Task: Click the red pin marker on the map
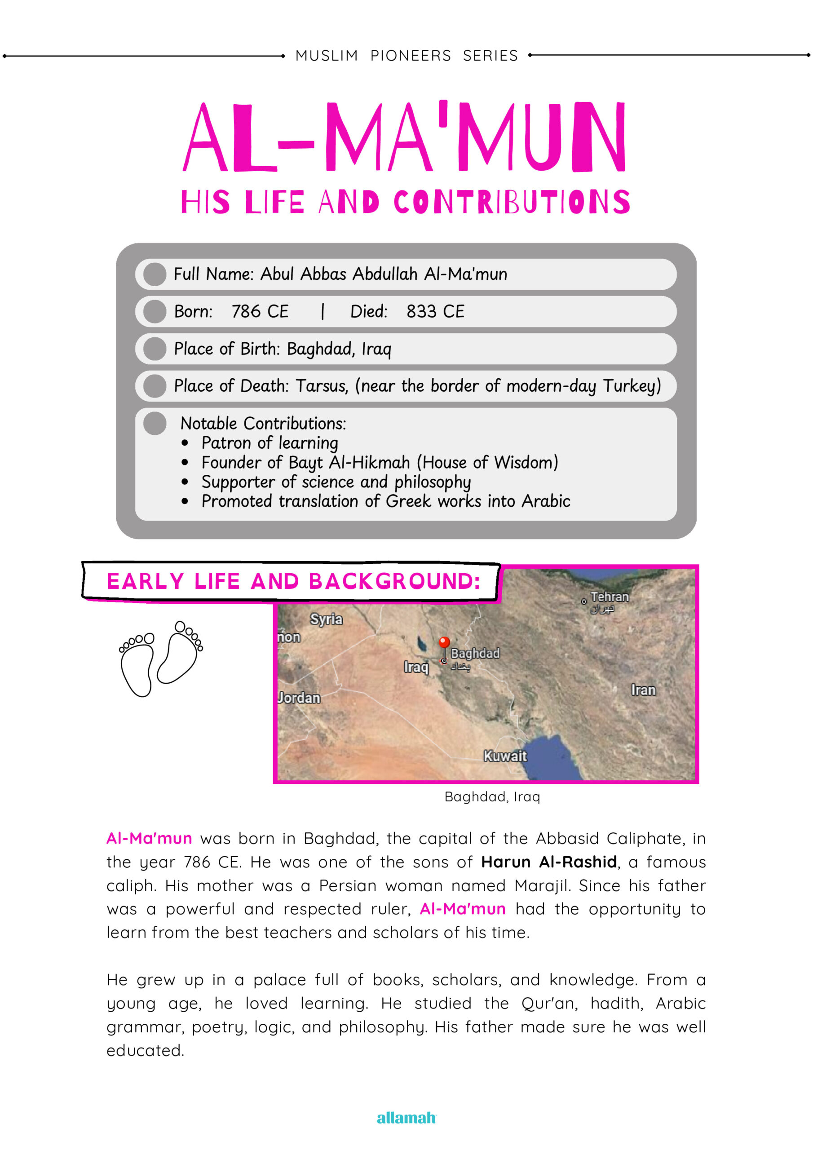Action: click(x=444, y=642)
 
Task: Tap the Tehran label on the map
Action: click(x=609, y=597)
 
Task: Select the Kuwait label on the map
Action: click(x=505, y=756)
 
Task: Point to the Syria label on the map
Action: click(x=326, y=619)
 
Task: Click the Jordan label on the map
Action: click(x=299, y=698)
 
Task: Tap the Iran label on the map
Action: click(x=643, y=690)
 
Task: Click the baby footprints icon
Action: click(x=161, y=659)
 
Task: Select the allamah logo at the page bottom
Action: click(x=406, y=1118)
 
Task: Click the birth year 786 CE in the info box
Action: click(x=260, y=312)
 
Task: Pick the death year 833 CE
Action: click(x=435, y=312)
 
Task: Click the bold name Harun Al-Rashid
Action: click(x=548, y=862)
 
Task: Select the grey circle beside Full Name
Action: click(x=155, y=274)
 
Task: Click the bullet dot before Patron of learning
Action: click(x=186, y=443)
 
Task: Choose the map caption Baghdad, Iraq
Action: click(x=492, y=797)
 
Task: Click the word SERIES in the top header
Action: click(x=490, y=56)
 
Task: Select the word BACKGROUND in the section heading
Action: click(x=394, y=581)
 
